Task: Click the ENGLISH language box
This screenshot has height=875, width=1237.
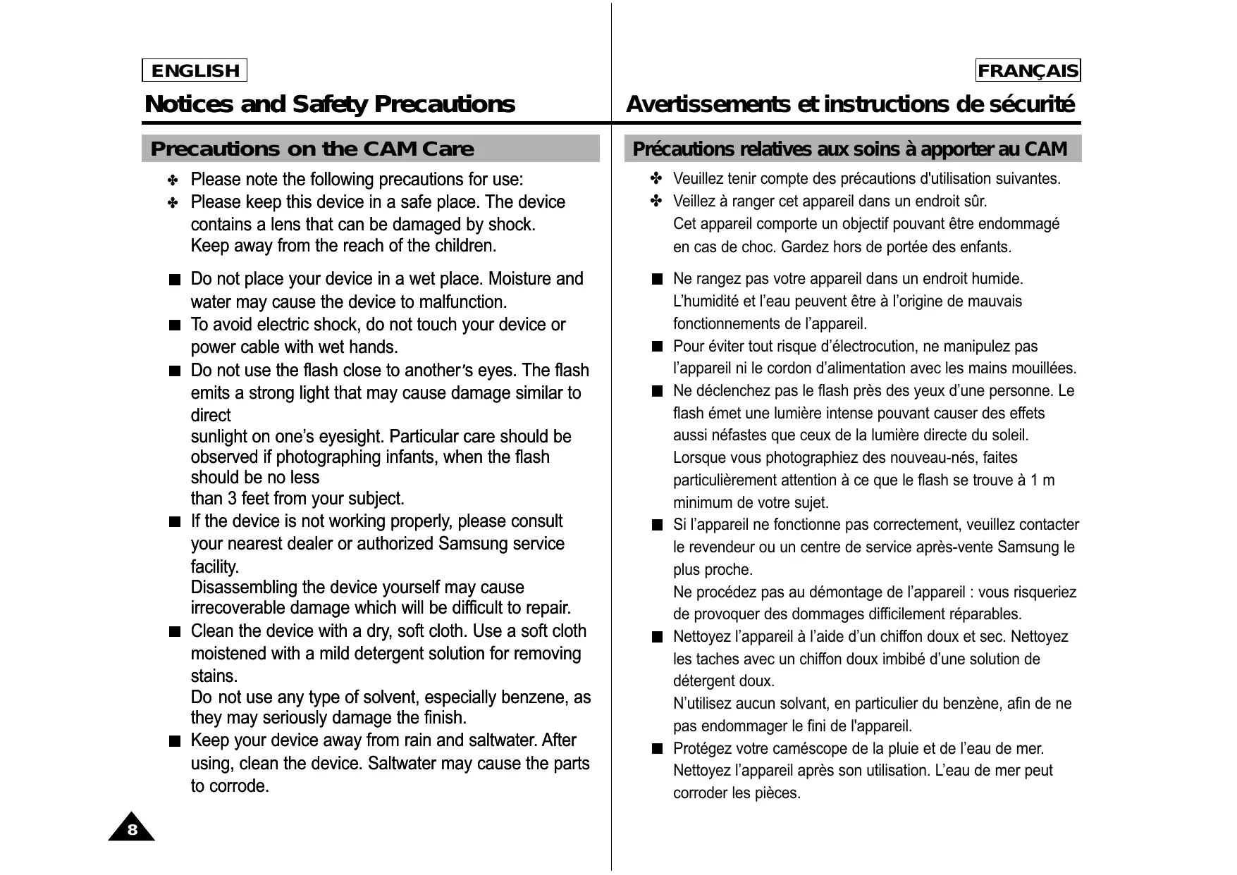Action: tap(195, 70)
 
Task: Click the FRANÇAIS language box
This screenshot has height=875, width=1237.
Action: tap(1028, 70)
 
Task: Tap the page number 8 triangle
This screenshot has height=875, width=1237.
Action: tap(132, 829)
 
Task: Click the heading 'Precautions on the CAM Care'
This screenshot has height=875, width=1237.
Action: tap(312, 149)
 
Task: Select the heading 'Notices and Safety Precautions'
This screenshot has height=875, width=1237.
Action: tap(329, 104)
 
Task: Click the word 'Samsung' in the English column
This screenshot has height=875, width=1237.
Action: tap(467, 544)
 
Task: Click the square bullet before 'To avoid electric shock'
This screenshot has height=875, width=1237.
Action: tap(175, 325)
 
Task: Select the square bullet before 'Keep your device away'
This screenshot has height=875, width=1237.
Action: tap(175, 741)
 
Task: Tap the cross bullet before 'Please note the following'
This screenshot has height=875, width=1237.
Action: tap(173, 180)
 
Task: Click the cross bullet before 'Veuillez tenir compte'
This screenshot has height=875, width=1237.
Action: tap(656, 178)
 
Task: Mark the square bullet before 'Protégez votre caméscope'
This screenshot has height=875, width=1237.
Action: tap(657, 748)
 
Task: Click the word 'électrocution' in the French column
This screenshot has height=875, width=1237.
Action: tap(875, 346)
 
